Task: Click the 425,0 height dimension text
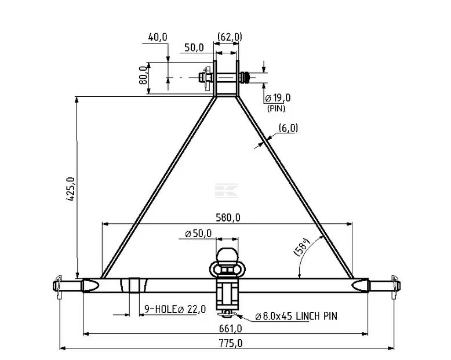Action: [x=71, y=189]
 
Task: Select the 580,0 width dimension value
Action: [x=228, y=217]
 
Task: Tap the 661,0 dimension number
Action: [x=230, y=328]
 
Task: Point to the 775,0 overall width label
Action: [x=230, y=343]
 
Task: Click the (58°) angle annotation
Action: [x=301, y=247]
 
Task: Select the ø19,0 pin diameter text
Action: [x=278, y=98]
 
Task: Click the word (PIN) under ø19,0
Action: [x=276, y=108]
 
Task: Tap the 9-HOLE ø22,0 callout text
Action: [x=175, y=310]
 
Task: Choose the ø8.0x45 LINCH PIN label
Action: [x=296, y=317]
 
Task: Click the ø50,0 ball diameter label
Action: [x=198, y=233]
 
